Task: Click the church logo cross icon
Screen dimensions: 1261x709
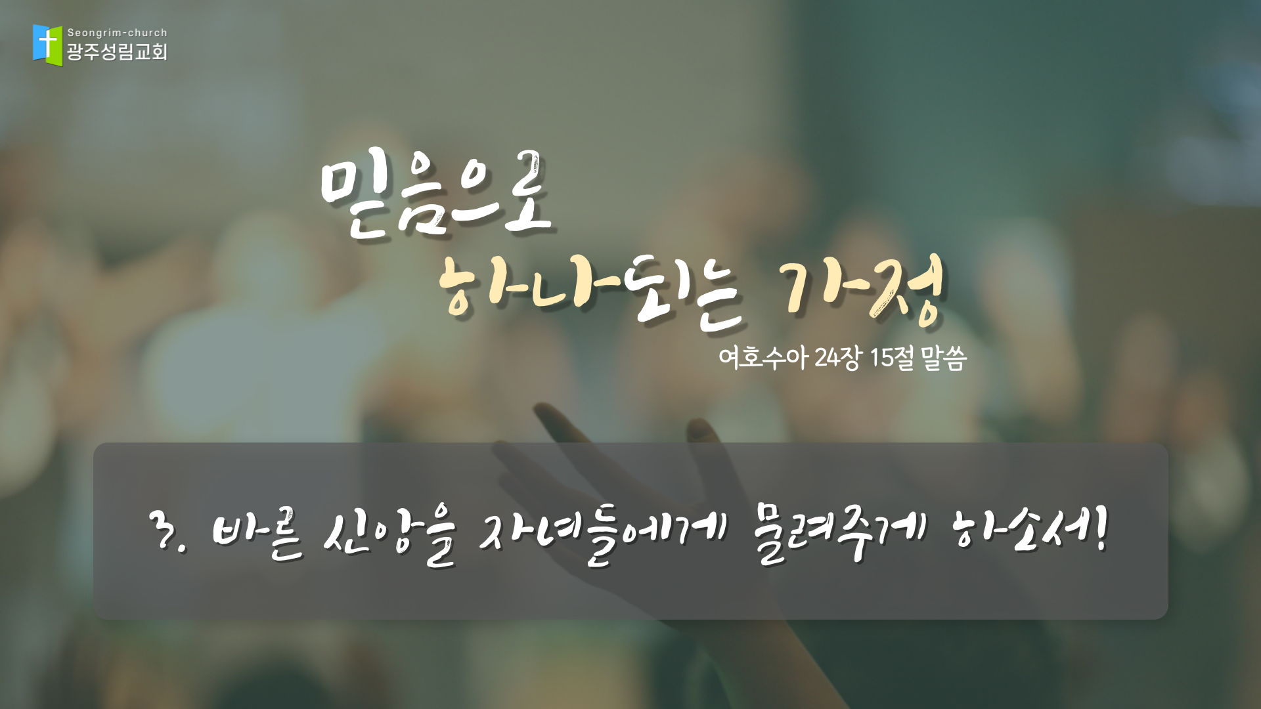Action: [x=48, y=45]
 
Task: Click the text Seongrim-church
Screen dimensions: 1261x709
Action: [x=118, y=33]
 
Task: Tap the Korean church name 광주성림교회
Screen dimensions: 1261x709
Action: [x=118, y=52]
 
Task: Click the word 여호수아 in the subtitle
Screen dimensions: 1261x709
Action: [x=763, y=358]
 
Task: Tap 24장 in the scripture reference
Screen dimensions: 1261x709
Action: [x=837, y=358]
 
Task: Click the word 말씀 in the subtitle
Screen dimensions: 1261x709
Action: [x=944, y=358]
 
